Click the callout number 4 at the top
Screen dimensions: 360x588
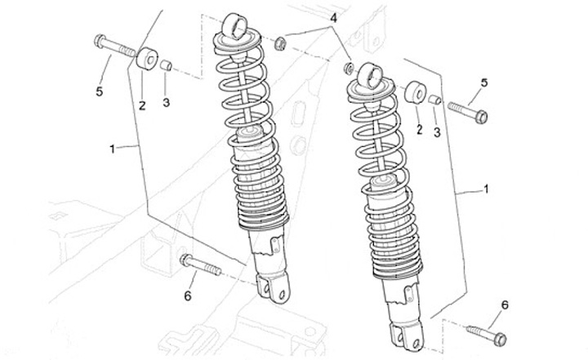333,17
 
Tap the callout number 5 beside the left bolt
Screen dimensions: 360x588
100,91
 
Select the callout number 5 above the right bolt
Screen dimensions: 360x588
483,82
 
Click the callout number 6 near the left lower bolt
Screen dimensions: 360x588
187,296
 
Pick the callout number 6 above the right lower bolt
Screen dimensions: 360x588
504,304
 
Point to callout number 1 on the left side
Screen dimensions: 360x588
112,149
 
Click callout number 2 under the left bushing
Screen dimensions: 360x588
141,104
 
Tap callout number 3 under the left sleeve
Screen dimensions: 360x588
166,102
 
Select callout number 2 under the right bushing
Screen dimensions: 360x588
418,129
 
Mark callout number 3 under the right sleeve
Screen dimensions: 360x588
436,131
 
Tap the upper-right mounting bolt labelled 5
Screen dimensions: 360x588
467,110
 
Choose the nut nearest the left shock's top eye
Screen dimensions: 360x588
280,42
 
